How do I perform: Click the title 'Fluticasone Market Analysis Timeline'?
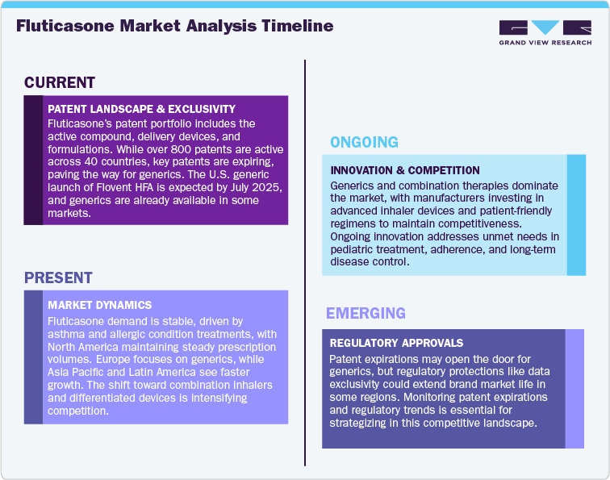pyautogui.click(x=174, y=26)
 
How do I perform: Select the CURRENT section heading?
pyautogui.click(x=60, y=82)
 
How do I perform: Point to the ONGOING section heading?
pyautogui.click(x=364, y=143)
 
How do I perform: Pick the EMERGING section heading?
pyautogui.click(x=366, y=313)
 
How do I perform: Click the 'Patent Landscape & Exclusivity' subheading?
pyautogui.click(x=141, y=109)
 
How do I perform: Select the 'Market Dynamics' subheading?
pyautogui.click(x=99, y=305)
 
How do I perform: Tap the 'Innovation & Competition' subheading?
pyautogui.click(x=405, y=170)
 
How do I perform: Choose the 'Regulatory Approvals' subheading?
pyautogui.click(x=395, y=343)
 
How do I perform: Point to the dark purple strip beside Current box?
pyautogui.click(x=33, y=160)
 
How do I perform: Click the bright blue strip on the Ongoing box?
pyautogui.click(x=576, y=215)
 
